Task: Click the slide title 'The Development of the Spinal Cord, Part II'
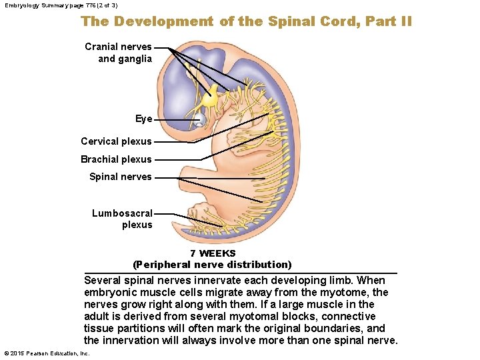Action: coord(247,21)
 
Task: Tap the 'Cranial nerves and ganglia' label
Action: coord(119,53)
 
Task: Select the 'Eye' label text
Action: coord(143,119)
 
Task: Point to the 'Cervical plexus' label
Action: coord(116,141)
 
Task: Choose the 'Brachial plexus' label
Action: coord(116,159)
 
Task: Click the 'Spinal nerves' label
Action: coord(121,177)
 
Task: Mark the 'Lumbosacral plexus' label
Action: coord(123,219)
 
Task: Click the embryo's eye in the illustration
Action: coord(199,120)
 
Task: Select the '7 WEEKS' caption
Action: coord(213,253)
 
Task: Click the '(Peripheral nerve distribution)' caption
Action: coord(213,265)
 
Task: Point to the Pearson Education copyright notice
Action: coord(47,353)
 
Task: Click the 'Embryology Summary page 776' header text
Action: coord(61,5)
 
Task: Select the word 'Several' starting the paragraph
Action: coord(103,281)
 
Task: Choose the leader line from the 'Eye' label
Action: coord(175,119)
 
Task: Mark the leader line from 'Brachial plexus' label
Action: coord(177,159)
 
